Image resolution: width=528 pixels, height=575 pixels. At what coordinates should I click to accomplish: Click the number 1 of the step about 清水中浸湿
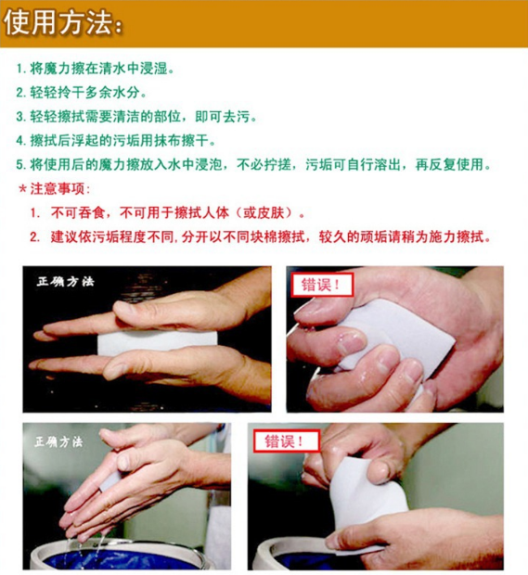[20, 70]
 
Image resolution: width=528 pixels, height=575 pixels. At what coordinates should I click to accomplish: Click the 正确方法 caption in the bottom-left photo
[58, 441]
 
